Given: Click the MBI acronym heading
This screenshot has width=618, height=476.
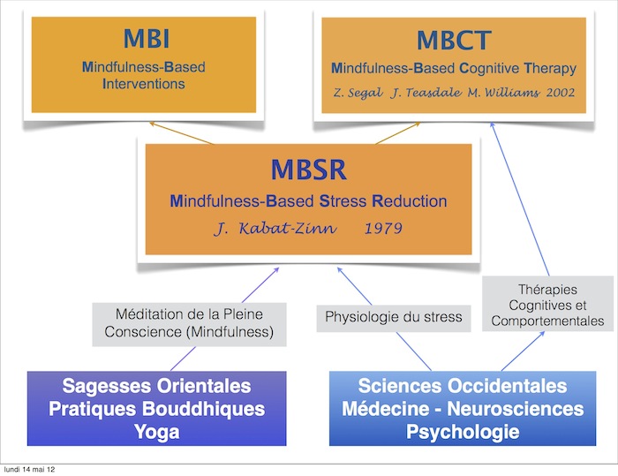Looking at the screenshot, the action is coord(147,39).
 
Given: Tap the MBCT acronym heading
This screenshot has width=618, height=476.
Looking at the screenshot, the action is coord(454,41).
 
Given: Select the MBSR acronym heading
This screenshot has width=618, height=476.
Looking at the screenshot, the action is coord(309,170).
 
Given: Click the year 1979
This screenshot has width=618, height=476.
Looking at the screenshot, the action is coord(383,229).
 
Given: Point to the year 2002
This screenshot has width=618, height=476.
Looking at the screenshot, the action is coord(560,93).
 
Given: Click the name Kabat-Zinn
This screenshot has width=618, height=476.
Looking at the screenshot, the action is coord(288,229).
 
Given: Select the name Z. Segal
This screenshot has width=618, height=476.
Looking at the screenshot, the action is coord(358,93).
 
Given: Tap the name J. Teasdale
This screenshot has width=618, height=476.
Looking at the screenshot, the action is coord(426,93).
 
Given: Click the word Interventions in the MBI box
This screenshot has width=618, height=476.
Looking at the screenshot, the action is coord(143,84).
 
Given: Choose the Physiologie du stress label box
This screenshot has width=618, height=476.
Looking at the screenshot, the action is coord(394,318).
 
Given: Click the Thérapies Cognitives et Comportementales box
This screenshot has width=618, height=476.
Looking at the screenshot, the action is coord(547,303).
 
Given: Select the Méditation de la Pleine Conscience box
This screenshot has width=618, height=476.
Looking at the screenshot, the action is coord(189,324).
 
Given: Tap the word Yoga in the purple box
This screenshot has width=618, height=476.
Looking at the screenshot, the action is coord(157,432).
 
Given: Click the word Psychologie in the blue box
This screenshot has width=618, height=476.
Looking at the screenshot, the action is coord(463,432).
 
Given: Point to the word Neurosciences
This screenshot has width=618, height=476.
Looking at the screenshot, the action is coord(515,409).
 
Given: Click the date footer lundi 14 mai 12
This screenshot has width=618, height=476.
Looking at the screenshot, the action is coord(29,469).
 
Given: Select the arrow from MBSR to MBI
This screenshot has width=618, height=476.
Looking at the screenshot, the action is coord(182,133).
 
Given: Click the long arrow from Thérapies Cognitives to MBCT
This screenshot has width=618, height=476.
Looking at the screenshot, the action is coord(520,199).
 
